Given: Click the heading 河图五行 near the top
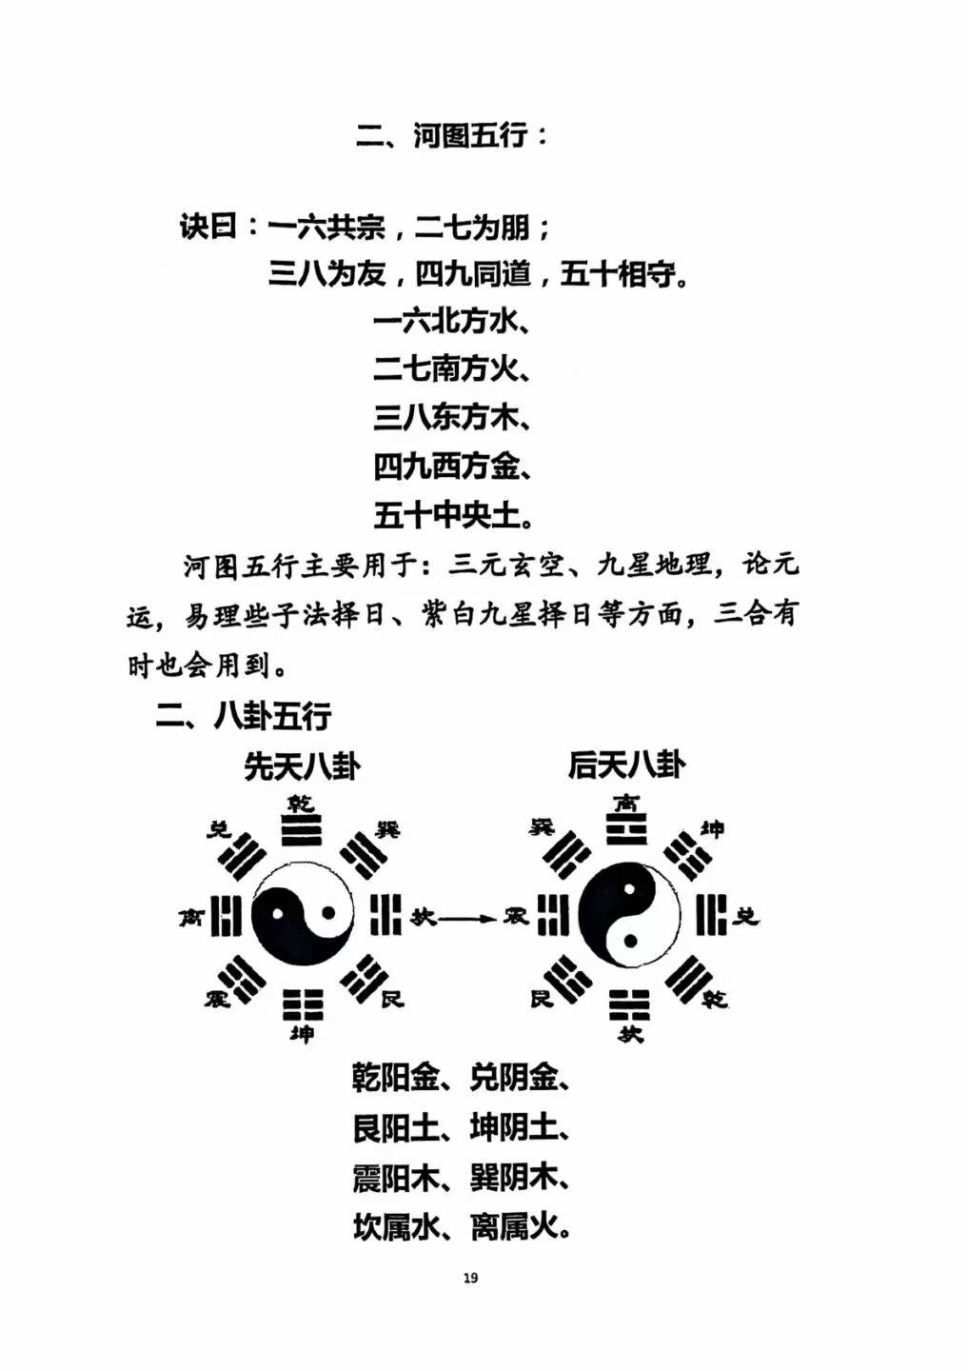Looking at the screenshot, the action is (x=469, y=134).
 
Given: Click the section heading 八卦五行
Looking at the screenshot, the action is (x=272, y=715).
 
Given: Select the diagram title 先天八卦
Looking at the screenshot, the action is (x=301, y=766).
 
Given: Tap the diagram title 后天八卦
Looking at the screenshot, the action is (x=626, y=765).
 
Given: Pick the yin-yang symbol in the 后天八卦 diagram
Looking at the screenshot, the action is (x=629, y=914).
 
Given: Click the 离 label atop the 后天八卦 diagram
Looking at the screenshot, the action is (x=627, y=803).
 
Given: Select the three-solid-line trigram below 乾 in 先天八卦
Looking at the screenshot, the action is (x=302, y=829).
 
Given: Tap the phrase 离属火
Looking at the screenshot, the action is (x=513, y=1226).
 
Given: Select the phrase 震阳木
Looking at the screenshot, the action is (x=396, y=1177).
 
